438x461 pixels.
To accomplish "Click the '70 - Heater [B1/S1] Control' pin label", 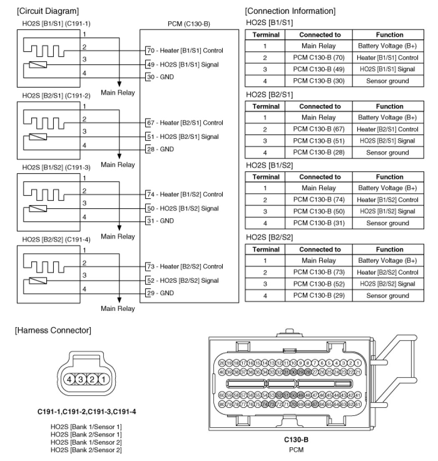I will (184, 50).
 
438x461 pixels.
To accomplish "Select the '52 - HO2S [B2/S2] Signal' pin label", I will (182, 280).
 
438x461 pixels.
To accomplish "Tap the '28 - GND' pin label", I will (160, 149).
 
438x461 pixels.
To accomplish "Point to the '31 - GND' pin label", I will (160, 221).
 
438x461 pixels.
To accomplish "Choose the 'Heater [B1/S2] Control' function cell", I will (388, 200).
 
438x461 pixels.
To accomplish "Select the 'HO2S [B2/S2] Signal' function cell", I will (388, 284).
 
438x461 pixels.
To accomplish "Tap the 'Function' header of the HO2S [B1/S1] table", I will (388, 35).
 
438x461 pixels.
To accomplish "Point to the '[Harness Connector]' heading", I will (53, 331).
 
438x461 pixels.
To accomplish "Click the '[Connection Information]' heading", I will (290, 10).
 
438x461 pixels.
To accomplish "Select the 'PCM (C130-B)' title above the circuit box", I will (189, 24).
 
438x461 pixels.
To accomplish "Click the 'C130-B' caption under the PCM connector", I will (296, 440).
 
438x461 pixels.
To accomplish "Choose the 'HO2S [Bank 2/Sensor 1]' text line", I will (86, 434).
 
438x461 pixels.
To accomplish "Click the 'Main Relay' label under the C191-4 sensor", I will (118, 309).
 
